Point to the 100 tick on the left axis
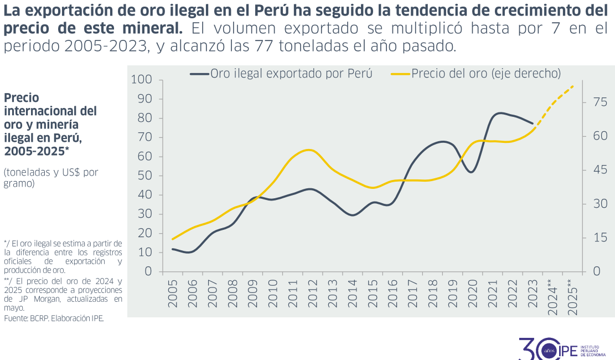(x=142, y=80)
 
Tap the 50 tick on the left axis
(x=144, y=176)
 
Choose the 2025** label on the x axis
(x=572, y=297)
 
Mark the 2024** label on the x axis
(x=552, y=297)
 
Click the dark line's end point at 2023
(x=533, y=124)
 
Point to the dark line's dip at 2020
(x=471, y=172)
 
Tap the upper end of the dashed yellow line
(x=573, y=86)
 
